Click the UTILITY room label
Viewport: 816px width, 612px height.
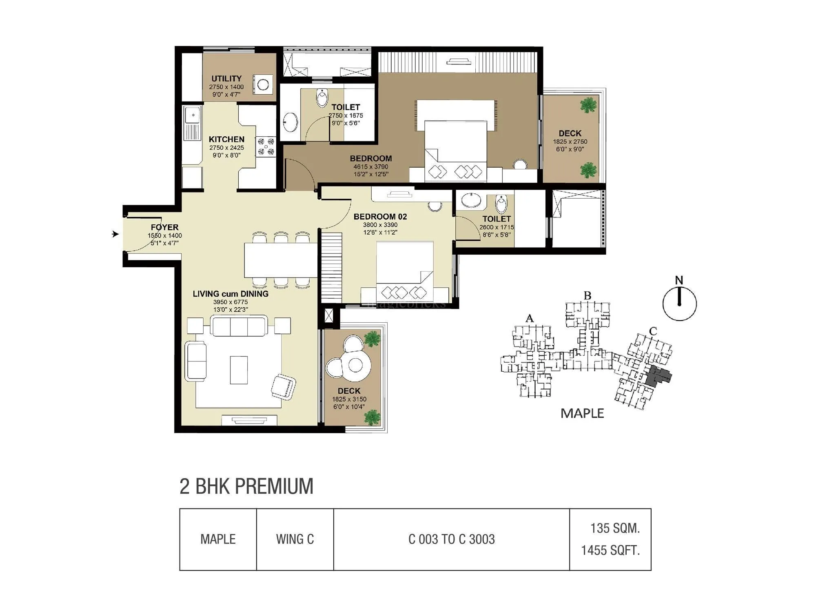[226, 78]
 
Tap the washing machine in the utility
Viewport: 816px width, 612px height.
[263, 84]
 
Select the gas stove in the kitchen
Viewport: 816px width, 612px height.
[266, 146]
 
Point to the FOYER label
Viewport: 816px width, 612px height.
[164, 227]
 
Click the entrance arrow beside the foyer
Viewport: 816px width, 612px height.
[115, 234]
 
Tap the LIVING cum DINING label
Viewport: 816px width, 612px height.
[231, 294]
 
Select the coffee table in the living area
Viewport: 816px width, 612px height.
[239, 370]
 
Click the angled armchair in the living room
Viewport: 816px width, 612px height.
[283, 386]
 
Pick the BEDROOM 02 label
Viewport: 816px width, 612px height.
[380, 217]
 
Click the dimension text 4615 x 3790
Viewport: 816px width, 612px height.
[370, 166]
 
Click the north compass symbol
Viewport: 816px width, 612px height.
[679, 303]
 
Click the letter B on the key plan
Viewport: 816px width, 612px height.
[588, 296]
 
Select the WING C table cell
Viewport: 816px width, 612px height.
[295, 539]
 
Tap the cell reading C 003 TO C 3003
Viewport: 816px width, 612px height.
[451, 539]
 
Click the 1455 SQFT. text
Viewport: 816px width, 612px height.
[610, 551]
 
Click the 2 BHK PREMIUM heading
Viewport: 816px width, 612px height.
[246, 486]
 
